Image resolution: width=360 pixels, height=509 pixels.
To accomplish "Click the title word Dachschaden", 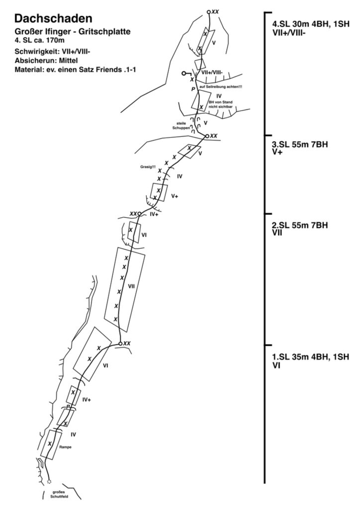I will (53, 19).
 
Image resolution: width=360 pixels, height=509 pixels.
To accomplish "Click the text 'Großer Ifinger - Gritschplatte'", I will (73, 32).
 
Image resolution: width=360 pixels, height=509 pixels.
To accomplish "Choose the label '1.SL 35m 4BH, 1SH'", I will (310, 356).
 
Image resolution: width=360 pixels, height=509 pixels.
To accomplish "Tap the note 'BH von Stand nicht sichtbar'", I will (220, 105).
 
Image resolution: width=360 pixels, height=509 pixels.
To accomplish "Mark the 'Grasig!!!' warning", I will (149, 167).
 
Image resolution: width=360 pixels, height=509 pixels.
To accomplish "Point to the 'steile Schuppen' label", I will (180, 125).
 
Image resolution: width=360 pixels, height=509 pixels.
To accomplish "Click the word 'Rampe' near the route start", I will (65, 447).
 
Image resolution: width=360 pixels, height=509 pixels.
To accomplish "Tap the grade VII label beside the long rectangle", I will (132, 286).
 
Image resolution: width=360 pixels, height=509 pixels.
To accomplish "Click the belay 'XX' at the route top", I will (214, 11).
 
